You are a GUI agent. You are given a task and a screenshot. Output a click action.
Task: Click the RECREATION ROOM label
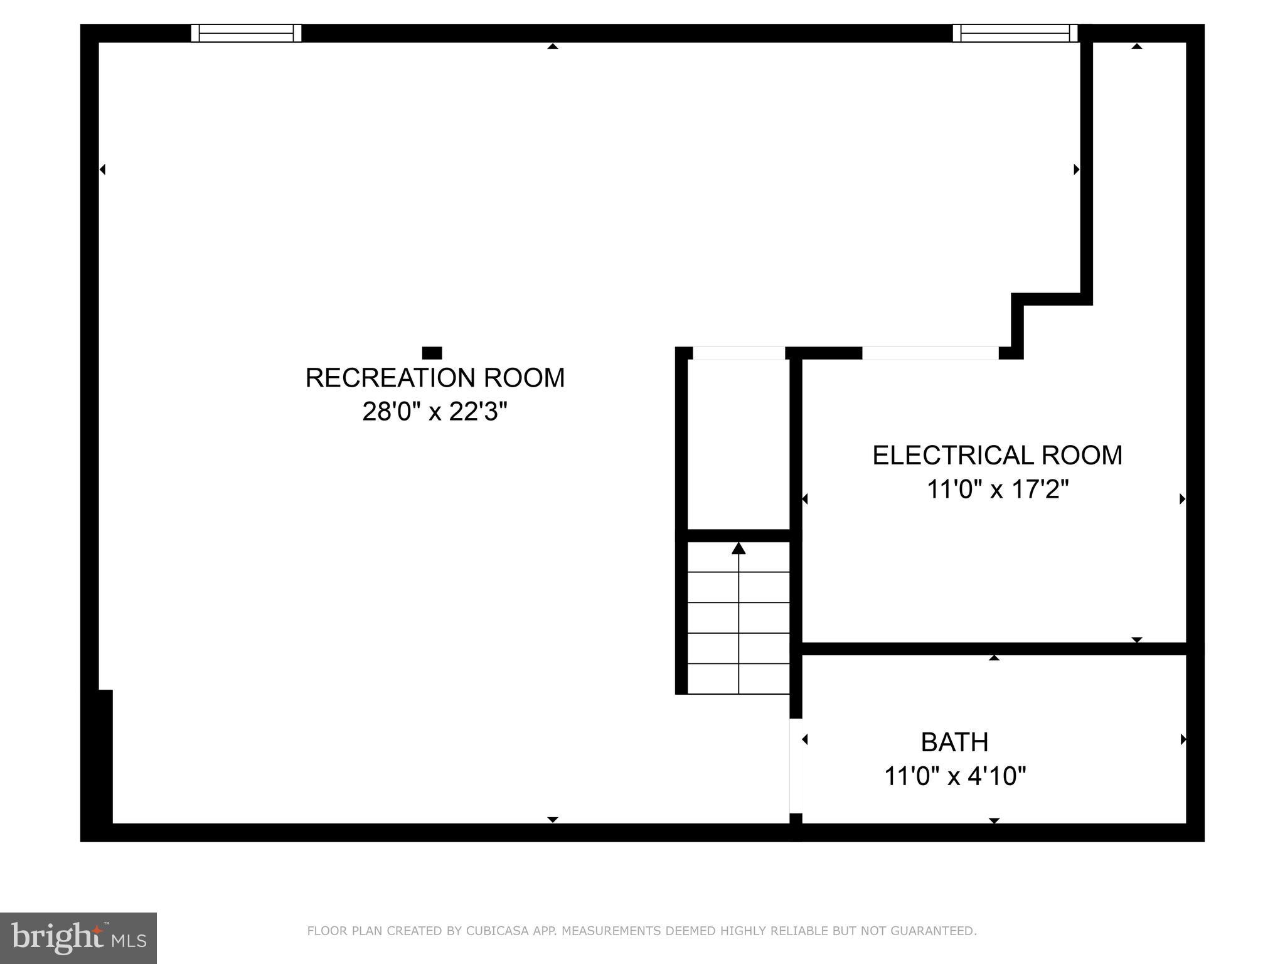pyautogui.click(x=435, y=378)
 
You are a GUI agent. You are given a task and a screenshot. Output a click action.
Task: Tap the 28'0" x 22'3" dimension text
pyautogui.click(x=434, y=412)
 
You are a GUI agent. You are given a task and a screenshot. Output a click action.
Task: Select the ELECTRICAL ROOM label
pyautogui.click(x=997, y=455)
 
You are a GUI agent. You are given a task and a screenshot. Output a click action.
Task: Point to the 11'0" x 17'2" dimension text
pyautogui.click(x=997, y=490)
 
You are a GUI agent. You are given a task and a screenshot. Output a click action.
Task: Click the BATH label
pyautogui.click(x=954, y=742)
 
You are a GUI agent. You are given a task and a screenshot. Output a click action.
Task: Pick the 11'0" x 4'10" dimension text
pyautogui.click(x=954, y=776)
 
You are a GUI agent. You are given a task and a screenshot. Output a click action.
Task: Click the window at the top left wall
pyautogui.click(x=246, y=33)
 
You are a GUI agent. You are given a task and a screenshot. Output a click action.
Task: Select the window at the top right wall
pyautogui.click(x=1015, y=33)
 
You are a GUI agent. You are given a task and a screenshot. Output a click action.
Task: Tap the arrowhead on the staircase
pyautogui.click(x=738, y=549)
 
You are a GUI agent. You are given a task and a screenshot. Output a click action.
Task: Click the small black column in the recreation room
pyautogui.click(x=432, y=353)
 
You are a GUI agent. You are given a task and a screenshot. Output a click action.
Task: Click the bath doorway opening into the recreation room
pyautogui.click(x=796, y=766)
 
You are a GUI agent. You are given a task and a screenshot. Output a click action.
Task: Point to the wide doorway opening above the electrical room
pyautogui.click(x=930, y=353)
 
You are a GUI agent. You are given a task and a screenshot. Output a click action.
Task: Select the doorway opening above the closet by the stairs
pyautogui.click(x=738, y=353)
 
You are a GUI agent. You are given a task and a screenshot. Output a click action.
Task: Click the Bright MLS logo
pyautogui.click(x=78, y=938)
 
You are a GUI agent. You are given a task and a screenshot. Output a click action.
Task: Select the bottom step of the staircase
pyautogui.click(x=738, y=679)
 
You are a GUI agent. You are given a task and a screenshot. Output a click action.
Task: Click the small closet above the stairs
pyautogui.click(x=738, y=444)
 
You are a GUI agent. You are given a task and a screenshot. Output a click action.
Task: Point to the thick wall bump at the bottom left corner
pyautogui.click(x=104, y=756)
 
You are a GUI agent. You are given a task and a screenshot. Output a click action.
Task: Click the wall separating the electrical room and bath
pyautogui.click(x=994, y=648)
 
